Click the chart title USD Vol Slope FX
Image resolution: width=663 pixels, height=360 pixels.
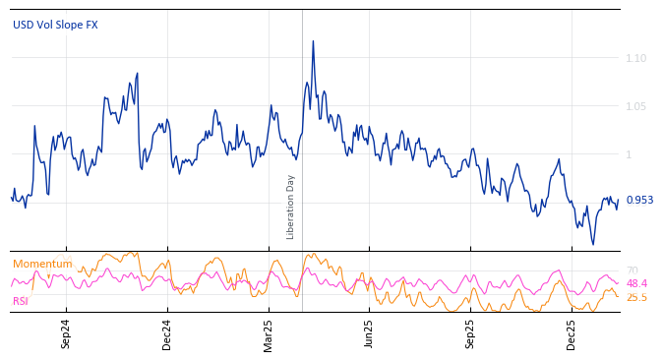[55, 25]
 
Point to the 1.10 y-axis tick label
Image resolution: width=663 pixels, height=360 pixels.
[636, 59]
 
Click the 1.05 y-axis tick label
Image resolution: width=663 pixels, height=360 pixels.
[636, 107]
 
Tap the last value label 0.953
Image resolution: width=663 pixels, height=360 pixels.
[639, 200]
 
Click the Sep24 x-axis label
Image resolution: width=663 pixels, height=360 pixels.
[66, 334]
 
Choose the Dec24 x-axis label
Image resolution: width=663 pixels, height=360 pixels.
[166, 334]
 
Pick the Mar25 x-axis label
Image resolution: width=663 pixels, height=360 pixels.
[268, 334]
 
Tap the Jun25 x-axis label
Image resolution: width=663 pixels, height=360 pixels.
[369, 334]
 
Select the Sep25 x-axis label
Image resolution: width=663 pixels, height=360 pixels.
[470, 334]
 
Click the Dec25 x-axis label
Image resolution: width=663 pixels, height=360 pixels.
[572, 334]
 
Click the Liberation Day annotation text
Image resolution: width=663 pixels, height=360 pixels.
[291, 207]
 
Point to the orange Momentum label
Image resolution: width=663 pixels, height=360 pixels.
[42, 264]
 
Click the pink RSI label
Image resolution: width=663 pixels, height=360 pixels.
[21, 301]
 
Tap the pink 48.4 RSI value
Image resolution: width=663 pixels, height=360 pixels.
[636, 283]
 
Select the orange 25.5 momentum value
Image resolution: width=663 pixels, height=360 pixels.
[636, 297]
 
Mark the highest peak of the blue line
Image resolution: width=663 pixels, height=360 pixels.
[313, 41]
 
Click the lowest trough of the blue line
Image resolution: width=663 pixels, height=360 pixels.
[592, 244]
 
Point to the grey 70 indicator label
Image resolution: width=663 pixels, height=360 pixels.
[633, 270]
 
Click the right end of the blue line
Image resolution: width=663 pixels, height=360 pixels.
[618, 200]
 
